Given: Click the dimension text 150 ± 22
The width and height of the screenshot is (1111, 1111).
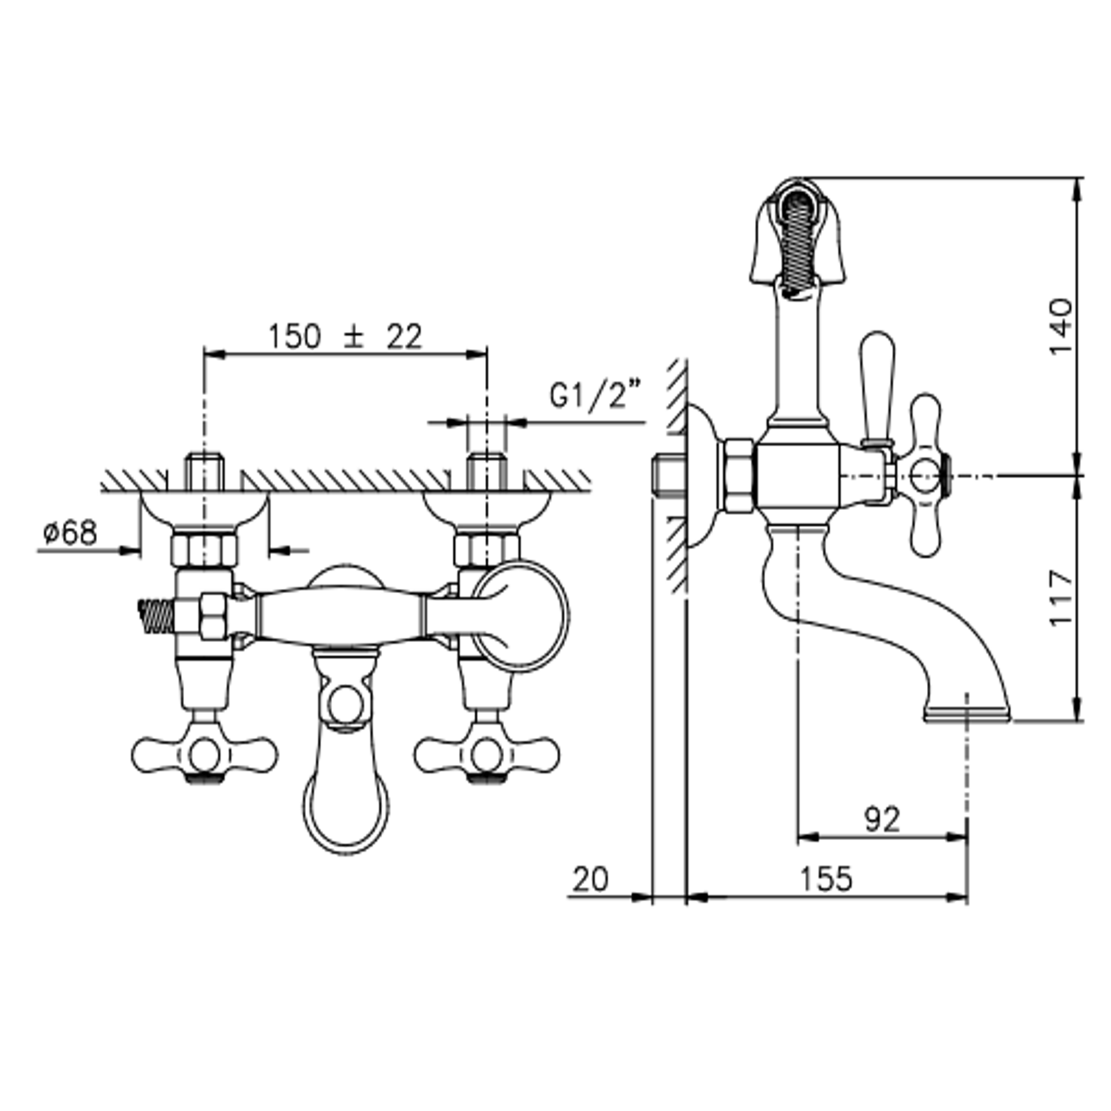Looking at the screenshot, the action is (x=345, y=337).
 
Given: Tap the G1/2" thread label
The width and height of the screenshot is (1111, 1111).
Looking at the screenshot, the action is (x=595, y=395).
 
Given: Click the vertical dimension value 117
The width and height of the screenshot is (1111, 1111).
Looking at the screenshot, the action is (x=1060, y=598).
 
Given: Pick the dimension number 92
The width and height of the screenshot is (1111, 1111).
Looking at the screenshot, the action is (x=882, y=819).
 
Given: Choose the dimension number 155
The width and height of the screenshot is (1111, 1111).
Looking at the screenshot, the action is (x=827, y=879).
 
